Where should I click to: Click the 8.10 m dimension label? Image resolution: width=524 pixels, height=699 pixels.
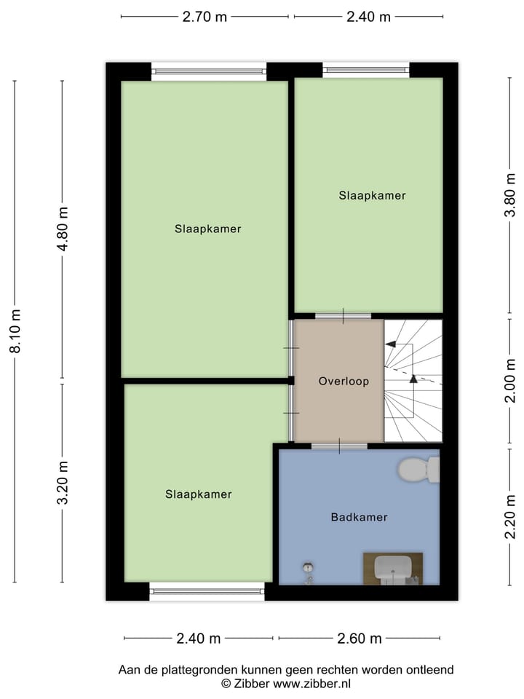(15, 331)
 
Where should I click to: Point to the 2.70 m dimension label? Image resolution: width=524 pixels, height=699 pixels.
(205, 17)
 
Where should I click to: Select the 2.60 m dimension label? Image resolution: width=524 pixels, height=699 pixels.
(359, 639)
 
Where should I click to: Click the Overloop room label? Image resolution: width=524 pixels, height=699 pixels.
(344, 381)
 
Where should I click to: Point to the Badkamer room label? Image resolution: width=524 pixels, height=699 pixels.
(359, 518)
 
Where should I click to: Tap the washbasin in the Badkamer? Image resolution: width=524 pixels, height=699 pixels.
(393, 569)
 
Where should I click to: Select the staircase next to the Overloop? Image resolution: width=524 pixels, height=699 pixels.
(413, 381)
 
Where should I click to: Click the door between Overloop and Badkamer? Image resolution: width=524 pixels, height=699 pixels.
(339, 445)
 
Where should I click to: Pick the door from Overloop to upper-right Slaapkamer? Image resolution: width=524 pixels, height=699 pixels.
(343, 315)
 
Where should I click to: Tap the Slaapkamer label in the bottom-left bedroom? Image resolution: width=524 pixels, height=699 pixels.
(199, 494)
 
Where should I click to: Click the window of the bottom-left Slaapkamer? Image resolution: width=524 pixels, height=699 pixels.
(207, 591)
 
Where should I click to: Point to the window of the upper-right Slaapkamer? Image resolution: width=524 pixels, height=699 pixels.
(366, 70)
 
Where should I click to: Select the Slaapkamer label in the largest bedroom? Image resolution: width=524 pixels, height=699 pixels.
(208, 229)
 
